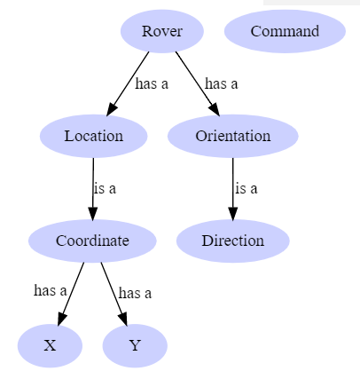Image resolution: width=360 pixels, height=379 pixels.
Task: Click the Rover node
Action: [x=162, y=31]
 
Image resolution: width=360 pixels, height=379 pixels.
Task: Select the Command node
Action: [x=285, y=31]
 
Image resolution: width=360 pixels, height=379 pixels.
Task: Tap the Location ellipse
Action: [x=94, y=136]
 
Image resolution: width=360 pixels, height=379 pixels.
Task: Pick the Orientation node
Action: [x=233, y=136]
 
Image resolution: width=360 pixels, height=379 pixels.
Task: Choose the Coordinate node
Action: [x=92, y=241]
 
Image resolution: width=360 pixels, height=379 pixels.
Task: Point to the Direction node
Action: [x=233, y=241]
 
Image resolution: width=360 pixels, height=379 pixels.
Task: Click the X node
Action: [x=50, y=345]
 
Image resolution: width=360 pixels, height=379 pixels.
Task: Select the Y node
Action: [x=135, y=345]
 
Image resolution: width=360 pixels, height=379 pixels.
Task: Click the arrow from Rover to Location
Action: [x=128, y=83]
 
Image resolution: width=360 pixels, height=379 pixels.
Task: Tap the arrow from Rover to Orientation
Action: [x=198, y=83]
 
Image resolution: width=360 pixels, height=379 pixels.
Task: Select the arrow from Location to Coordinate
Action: [x=93, y=189]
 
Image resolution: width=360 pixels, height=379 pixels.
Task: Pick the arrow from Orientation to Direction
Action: [x=233, y=189]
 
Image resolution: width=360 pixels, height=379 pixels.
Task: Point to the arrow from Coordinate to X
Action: [x=71, y=294]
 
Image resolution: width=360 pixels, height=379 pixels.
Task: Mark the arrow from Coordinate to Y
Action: [x=114, y=294]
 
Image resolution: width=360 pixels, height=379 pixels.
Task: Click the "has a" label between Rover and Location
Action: [x=152, y=83]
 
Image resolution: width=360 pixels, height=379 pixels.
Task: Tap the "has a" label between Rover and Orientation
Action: [x=222, y=83]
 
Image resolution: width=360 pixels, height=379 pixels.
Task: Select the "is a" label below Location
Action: [x=105, y=188]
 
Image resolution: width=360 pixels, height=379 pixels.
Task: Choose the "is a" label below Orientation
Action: [x=247, y=188]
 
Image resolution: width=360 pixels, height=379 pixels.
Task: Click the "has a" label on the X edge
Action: [x=51, y=290]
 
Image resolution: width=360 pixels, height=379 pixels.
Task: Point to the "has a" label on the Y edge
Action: [x=135, y=294]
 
